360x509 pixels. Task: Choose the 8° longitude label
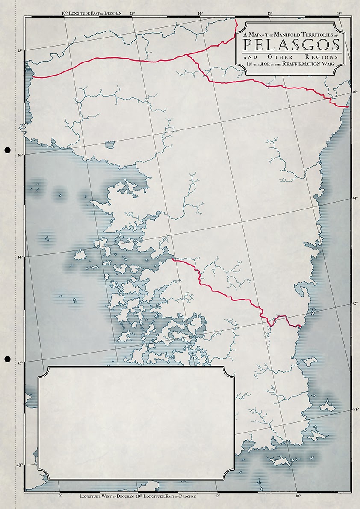60,496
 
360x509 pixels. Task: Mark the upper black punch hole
7,150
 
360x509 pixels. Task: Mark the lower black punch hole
7,358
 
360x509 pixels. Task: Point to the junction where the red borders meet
187,54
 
